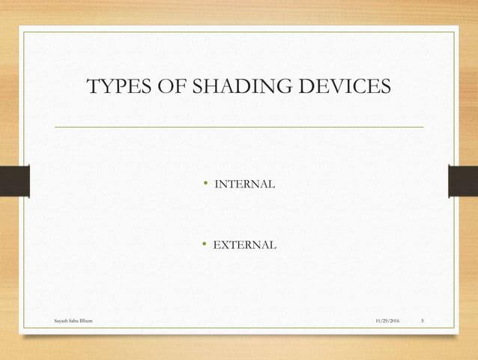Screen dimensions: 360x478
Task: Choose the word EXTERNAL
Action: pos(245,244)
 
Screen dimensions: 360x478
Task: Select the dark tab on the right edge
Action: pos(463,184)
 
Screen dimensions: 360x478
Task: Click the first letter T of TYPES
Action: pos(94,87)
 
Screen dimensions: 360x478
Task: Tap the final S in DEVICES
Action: pos(384,87)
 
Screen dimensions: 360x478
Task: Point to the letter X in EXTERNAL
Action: pos(225,244)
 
